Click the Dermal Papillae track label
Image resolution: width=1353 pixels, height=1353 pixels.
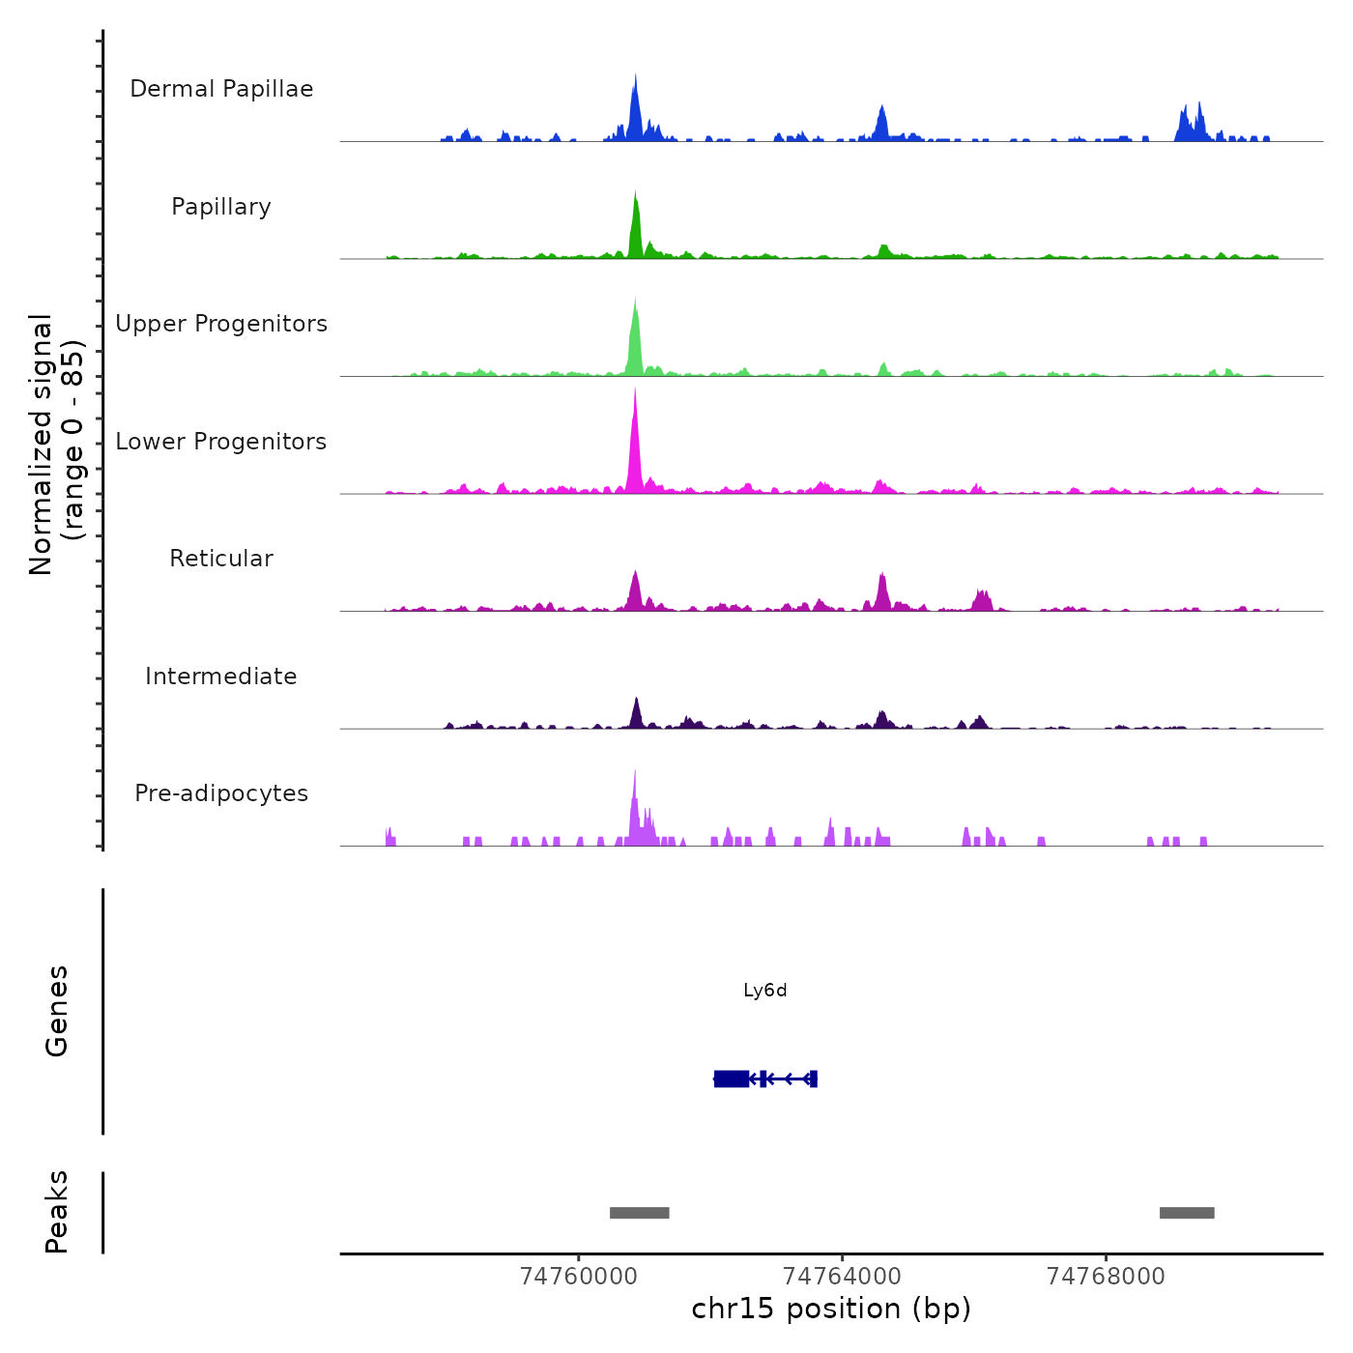pos(221,89)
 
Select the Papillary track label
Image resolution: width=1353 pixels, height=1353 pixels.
pos(221,207)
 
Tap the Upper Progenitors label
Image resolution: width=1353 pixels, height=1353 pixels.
pos(221,324)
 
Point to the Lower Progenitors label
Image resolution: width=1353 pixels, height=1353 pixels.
pos(221,442)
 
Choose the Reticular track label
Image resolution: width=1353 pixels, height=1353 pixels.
pos(221,559)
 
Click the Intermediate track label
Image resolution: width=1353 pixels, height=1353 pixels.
pos(221,676)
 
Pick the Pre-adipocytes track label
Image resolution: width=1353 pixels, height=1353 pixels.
pos(221,793)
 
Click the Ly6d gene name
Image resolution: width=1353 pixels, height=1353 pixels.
pos(765,991)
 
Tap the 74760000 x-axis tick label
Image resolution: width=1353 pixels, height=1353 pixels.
pos(579,1277)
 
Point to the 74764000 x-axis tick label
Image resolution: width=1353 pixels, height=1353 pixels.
pos(842,1277)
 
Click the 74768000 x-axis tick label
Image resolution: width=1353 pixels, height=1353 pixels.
pos(1106,1277)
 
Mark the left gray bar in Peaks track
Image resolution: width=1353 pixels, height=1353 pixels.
pos(639,1213)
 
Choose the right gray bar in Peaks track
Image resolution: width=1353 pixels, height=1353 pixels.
pos(1187,1213)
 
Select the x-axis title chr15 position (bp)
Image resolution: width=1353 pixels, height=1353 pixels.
pos(831,1309)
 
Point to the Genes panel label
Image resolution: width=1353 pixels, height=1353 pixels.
pos(57,1011)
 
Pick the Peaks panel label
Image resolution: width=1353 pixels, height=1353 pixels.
pos(57,1212)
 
